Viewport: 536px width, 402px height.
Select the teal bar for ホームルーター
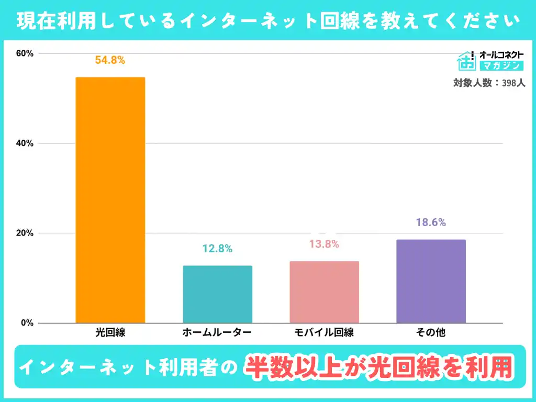(217, 294)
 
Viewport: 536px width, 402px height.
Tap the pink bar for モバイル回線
(324, 292)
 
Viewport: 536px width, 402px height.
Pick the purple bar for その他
(431, 281)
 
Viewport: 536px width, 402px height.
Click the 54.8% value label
(110, 60)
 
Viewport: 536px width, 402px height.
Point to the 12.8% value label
(217, 249)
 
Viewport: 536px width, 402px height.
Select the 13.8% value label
(324, 244)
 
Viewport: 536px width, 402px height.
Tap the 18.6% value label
(431, 222)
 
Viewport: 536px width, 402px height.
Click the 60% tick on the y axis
(25, 53)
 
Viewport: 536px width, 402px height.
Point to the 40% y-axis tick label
(25, 143)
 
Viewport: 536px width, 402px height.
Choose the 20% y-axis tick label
(25, 233)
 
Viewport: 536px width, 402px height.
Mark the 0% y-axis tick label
(27, 323)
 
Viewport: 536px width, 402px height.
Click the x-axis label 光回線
(110, 332)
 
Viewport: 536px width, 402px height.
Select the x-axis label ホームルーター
(217, 332)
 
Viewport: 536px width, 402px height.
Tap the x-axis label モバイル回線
(324, 332)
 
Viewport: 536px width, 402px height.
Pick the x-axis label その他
(431, 332)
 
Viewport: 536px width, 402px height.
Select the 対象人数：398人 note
(489, 83)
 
